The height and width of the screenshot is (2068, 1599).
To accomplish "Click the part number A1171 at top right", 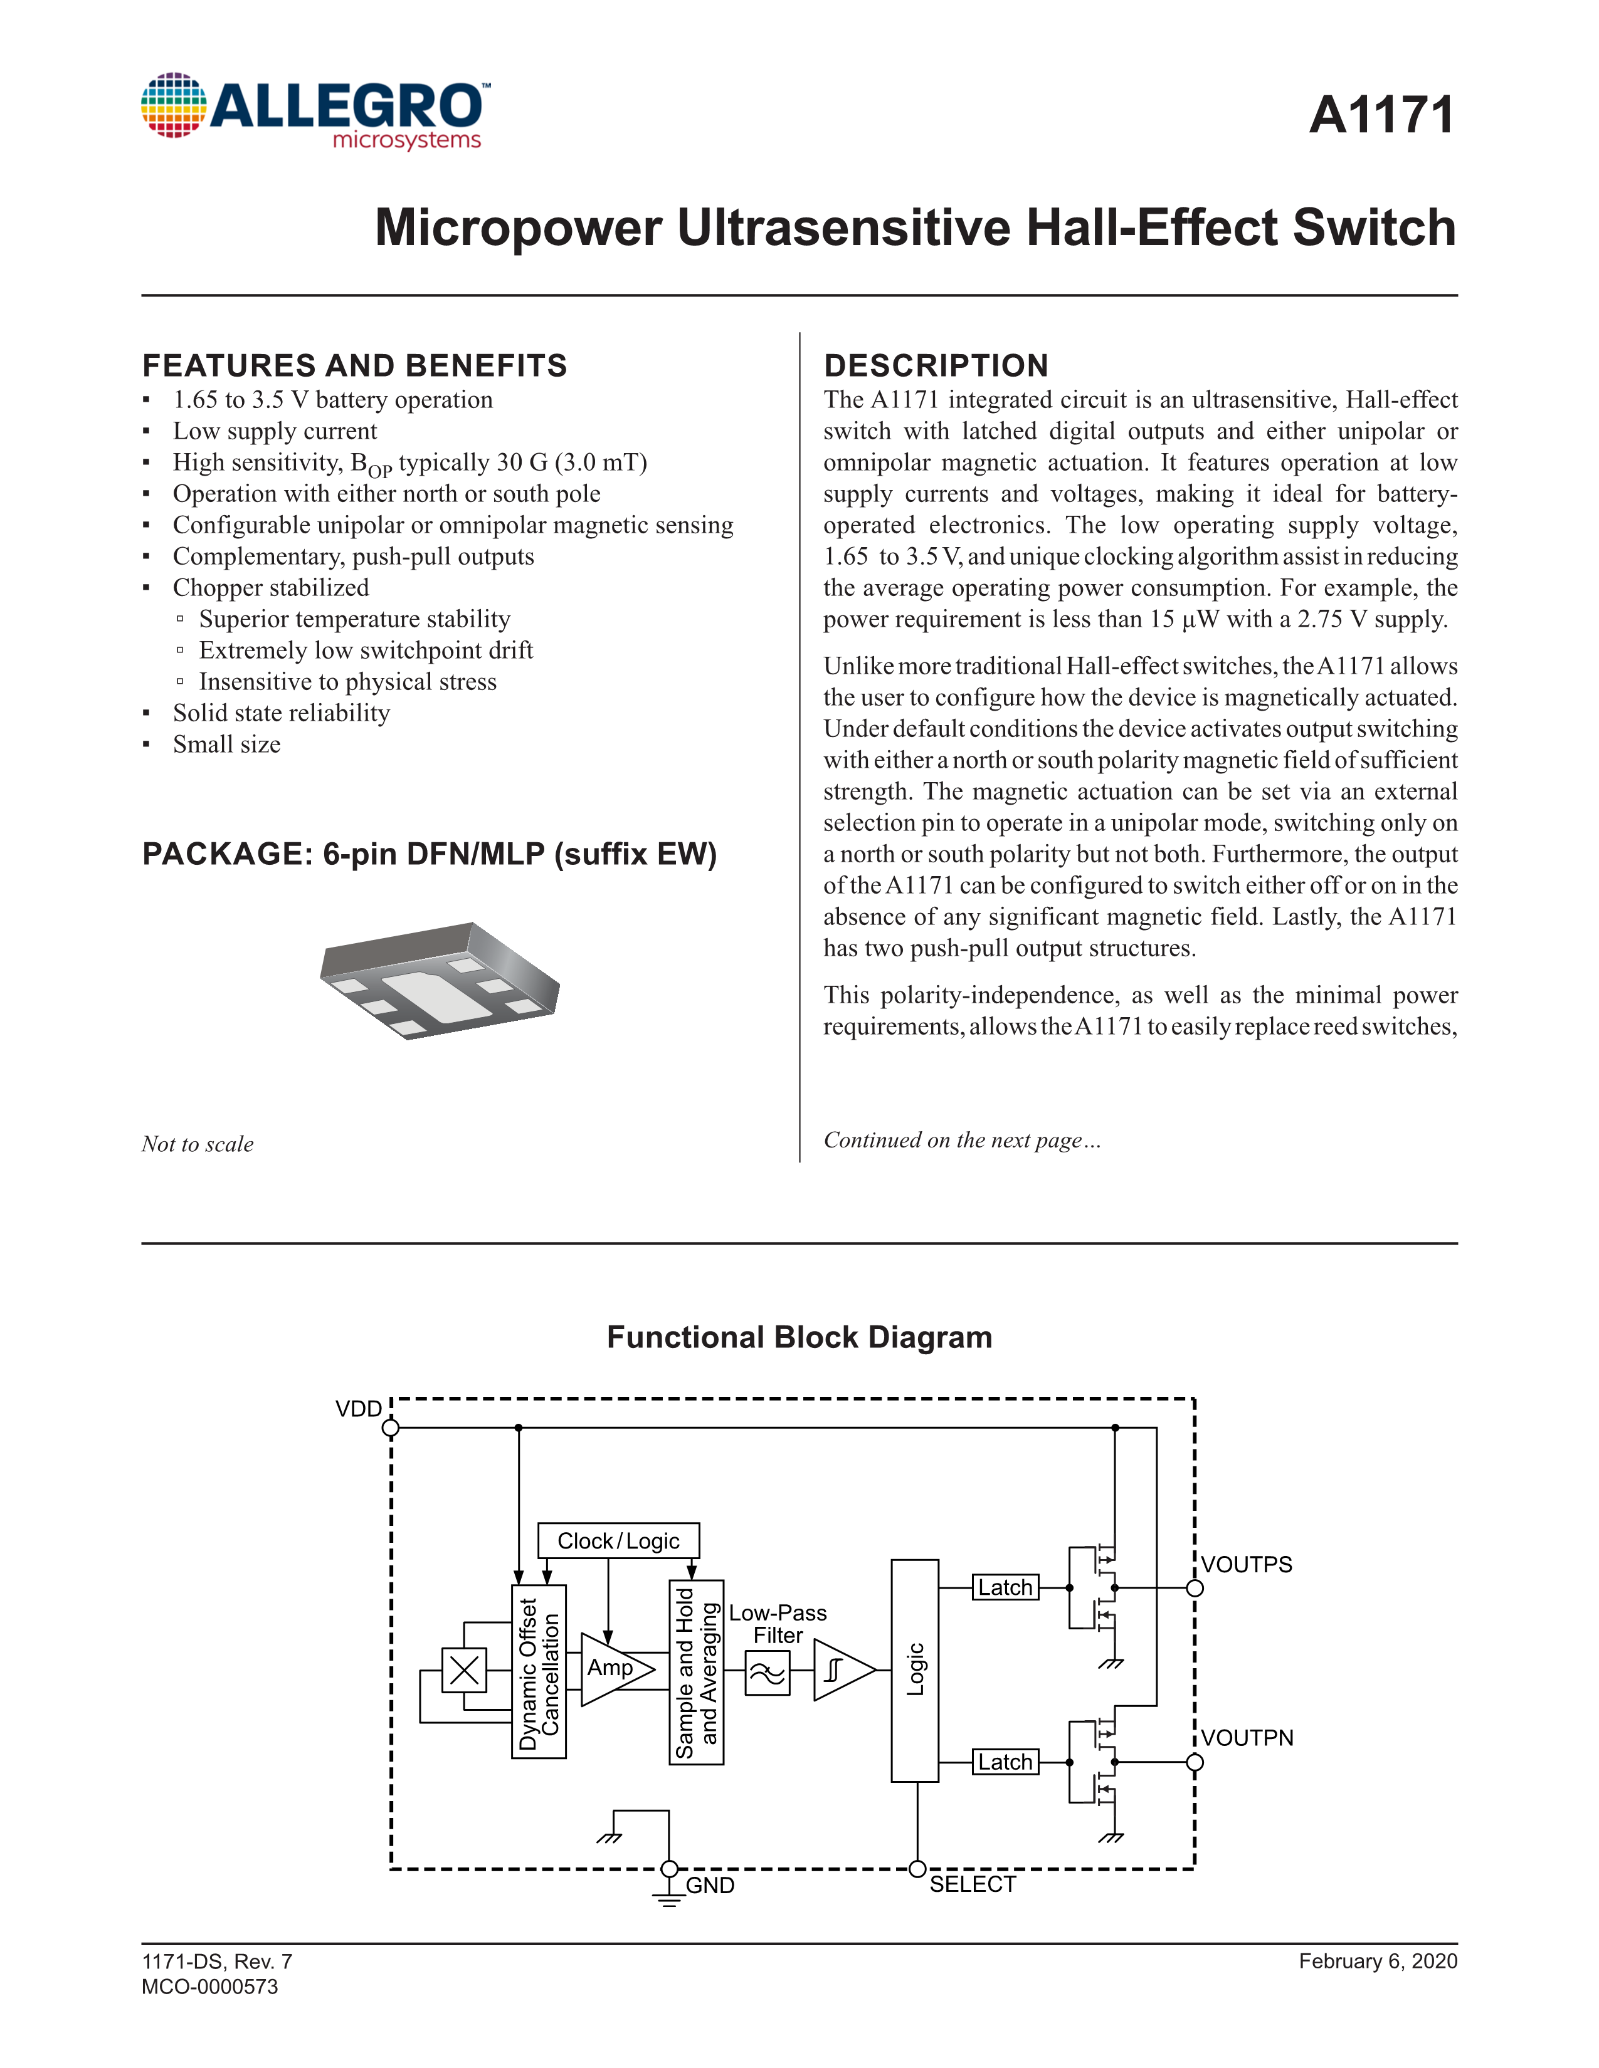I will click(1381, 115).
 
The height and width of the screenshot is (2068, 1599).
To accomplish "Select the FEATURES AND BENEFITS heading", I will click(354, 365).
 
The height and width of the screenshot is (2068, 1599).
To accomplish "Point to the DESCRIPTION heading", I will click(936, 365).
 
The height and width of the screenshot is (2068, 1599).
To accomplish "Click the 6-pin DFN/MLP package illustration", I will click(440, 980).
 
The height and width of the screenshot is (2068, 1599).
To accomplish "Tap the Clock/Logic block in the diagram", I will click(618, 1540).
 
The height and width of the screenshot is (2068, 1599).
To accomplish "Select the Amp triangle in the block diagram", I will click(613, 1668).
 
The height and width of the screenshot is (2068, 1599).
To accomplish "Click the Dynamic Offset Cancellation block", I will click(539, 1672).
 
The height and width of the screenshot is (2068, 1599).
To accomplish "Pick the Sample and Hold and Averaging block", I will click(696, 1672).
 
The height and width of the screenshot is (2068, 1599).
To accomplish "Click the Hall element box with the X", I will click(464, 1670).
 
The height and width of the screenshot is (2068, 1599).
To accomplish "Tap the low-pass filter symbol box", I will click(768, 1673).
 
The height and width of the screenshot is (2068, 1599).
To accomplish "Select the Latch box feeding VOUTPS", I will click(1005, 1588).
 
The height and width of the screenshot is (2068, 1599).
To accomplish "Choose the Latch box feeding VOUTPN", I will click(1005, 1762).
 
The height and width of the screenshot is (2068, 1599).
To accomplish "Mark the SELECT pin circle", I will click(917, 1869).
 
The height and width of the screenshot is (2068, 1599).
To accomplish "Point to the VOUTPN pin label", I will click(1247, 1738).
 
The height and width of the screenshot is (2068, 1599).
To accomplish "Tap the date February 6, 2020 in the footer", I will click(1378, 1961).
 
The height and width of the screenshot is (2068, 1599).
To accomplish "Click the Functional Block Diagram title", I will click(799, 1337).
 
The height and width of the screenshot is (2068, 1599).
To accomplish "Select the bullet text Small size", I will click(226, 744).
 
